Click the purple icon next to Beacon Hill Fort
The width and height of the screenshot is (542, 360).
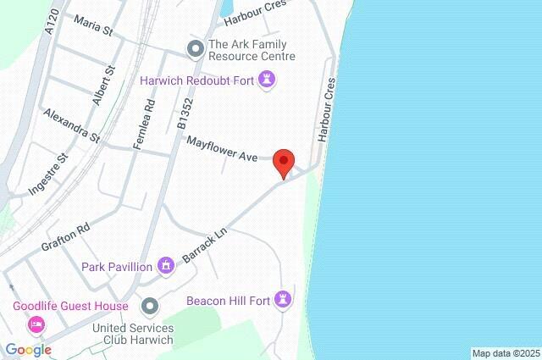[x=285, y=298]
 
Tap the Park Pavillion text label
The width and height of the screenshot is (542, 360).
[x=117, y=267]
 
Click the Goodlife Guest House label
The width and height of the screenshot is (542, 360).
[x=70, y=306]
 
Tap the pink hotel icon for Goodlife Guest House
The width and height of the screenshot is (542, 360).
[x=36, y=324]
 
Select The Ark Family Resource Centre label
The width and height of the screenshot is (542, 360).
[x=252, y=50]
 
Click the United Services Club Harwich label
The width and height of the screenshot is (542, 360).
[x=133, y=334]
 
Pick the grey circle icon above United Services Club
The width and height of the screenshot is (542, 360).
[x=150, y=305]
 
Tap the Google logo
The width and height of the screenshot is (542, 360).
[x=29, y=349]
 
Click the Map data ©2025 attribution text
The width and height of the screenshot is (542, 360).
[x=505, y=353]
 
